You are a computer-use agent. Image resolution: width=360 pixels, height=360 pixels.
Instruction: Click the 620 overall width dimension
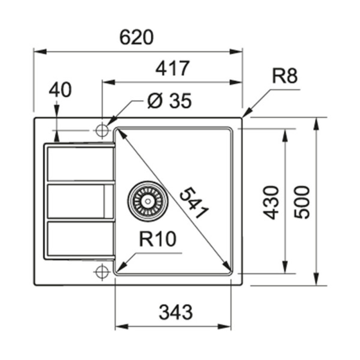pos(137,37)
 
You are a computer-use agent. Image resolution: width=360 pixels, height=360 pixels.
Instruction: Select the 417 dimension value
pos(172,68)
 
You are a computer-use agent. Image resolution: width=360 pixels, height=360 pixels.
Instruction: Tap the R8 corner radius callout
pos(284,76)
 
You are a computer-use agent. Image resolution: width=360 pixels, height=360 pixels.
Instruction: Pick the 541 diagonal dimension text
pos(194,204)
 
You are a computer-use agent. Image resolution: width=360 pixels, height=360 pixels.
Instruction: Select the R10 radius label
pos(157,239)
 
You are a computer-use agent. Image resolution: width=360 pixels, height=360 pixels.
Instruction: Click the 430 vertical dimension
pos(270,202)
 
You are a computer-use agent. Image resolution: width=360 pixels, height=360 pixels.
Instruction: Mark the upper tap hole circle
pos(102,130)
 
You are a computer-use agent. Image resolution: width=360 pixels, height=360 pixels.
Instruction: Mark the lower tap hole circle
pos(102,271)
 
